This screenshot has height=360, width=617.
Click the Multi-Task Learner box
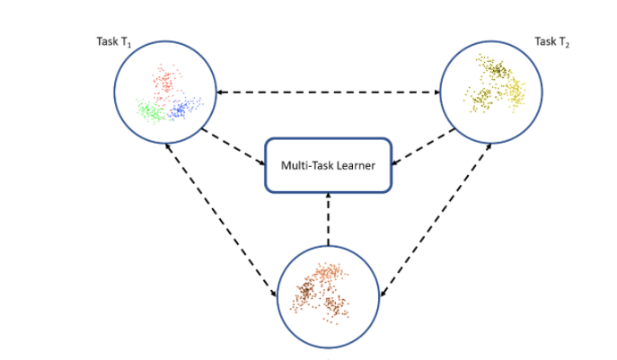pyautogui.click(x=328, y=164)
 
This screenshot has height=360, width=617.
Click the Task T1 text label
pyautogui.click(x=114, y=41)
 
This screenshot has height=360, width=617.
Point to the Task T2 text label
pyautogui.click(x=552, y=41)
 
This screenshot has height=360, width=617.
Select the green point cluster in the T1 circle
pyautogui.click(x=149, y=111)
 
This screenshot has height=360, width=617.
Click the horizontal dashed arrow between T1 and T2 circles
pyautogui.click(x=327, y=92)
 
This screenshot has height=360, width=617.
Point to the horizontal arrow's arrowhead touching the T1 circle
pyautogui.click(x=221, y=92)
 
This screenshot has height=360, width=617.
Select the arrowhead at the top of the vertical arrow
pyautogui.click(x=328, y=198)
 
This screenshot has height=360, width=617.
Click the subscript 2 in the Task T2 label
pyautogui.click(x=567, y=45)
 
